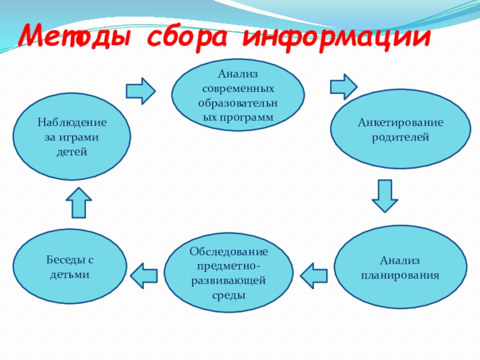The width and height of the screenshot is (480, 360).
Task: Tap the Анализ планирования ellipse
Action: tap(400, 268)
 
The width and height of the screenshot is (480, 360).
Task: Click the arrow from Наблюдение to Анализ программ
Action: tap(141, 90)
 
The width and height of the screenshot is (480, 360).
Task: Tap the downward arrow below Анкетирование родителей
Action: tap(385, 196)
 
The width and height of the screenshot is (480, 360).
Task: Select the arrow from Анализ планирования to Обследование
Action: tap(314, 275)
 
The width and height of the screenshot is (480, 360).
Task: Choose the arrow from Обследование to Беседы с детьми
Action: tap(144, 274)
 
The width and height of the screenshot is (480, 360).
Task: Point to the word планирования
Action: tap(400, 275)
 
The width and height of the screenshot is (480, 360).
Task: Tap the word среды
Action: tap(229, 295)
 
